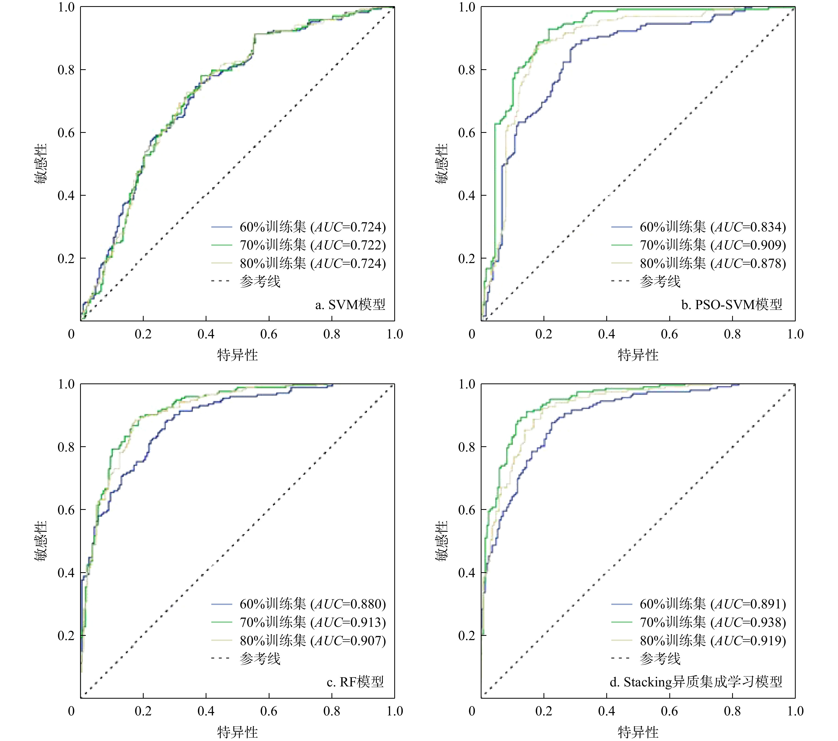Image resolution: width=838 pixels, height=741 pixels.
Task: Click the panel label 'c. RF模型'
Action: click(x=355, y=682)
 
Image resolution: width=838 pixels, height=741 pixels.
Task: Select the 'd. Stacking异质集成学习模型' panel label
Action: click(x=695, y=682)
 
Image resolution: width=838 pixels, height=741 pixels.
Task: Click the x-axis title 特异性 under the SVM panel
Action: click(x=237, y=355)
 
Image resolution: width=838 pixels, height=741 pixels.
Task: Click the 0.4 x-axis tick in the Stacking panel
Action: click(x=606, y=711)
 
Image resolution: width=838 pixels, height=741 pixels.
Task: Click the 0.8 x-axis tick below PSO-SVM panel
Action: click(x=732, y=334)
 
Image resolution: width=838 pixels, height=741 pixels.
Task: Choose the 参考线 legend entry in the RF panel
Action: click(x=260, y=659)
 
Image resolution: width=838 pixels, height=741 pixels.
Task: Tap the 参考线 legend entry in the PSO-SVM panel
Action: click(x=660, y=281)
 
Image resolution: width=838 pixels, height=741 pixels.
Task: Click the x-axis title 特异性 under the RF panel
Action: click(x=237, y=732)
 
